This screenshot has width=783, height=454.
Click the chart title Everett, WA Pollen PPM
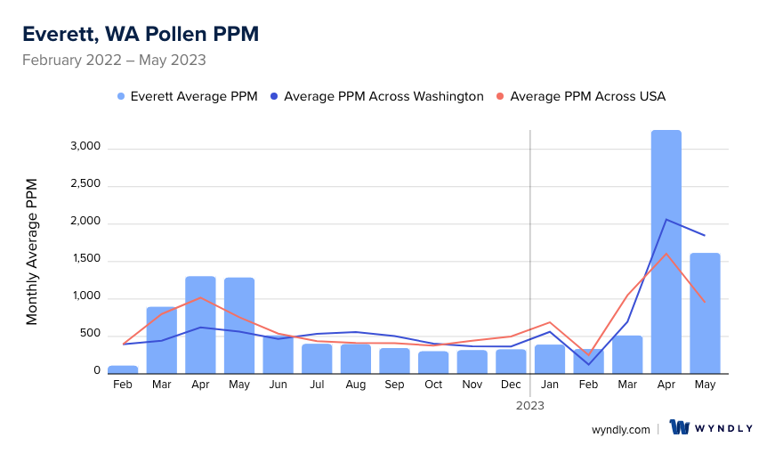point(141,34)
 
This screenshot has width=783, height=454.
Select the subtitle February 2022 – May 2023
point(114,61)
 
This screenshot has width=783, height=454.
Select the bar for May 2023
point(705,312)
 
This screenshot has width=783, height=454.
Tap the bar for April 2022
point(200,325)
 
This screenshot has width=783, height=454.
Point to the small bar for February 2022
point(123,369)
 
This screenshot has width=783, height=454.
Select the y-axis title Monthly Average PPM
point(32,251)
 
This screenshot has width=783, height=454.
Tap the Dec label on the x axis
point(511,385)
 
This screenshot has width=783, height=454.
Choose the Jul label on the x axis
point(317,385)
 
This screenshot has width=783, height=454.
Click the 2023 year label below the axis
point(530,405)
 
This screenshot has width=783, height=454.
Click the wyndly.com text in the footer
point(620,429)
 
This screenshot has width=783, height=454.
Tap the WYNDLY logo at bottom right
point(711,428)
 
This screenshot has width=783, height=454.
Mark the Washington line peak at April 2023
point(666,219)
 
